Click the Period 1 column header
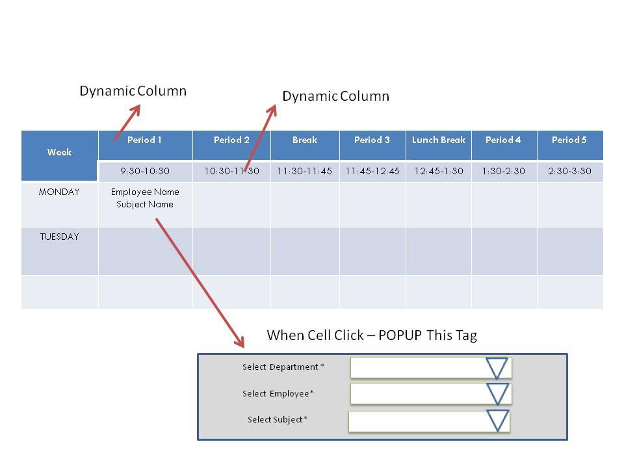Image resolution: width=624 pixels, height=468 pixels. point(144,140)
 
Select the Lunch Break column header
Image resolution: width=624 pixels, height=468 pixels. point(439,140)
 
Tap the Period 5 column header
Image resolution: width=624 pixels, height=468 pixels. point(569,140)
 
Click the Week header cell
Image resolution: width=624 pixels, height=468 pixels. point(59,153)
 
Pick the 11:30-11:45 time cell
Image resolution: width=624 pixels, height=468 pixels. point(304,172)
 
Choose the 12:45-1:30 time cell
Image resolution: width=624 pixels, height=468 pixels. point(439,172)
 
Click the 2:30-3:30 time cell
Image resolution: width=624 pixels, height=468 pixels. point(569,172)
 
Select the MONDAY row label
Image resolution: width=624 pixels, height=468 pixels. point(59,192)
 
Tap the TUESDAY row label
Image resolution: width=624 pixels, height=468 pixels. point(59,237)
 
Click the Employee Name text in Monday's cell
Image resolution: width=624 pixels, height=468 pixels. point(145,192)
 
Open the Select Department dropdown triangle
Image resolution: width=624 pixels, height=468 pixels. point(497,368)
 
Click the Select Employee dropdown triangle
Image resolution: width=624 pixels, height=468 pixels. point(497,394)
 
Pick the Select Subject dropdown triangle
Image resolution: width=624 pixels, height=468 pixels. point(497,421)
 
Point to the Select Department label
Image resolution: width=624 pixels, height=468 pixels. point(283,367)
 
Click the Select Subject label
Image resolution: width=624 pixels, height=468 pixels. point(277,420)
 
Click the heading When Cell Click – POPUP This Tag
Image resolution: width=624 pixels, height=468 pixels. point(372,335)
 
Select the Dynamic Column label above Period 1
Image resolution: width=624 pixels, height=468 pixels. point(133,91)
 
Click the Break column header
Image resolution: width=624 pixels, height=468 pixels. point(305,140)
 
